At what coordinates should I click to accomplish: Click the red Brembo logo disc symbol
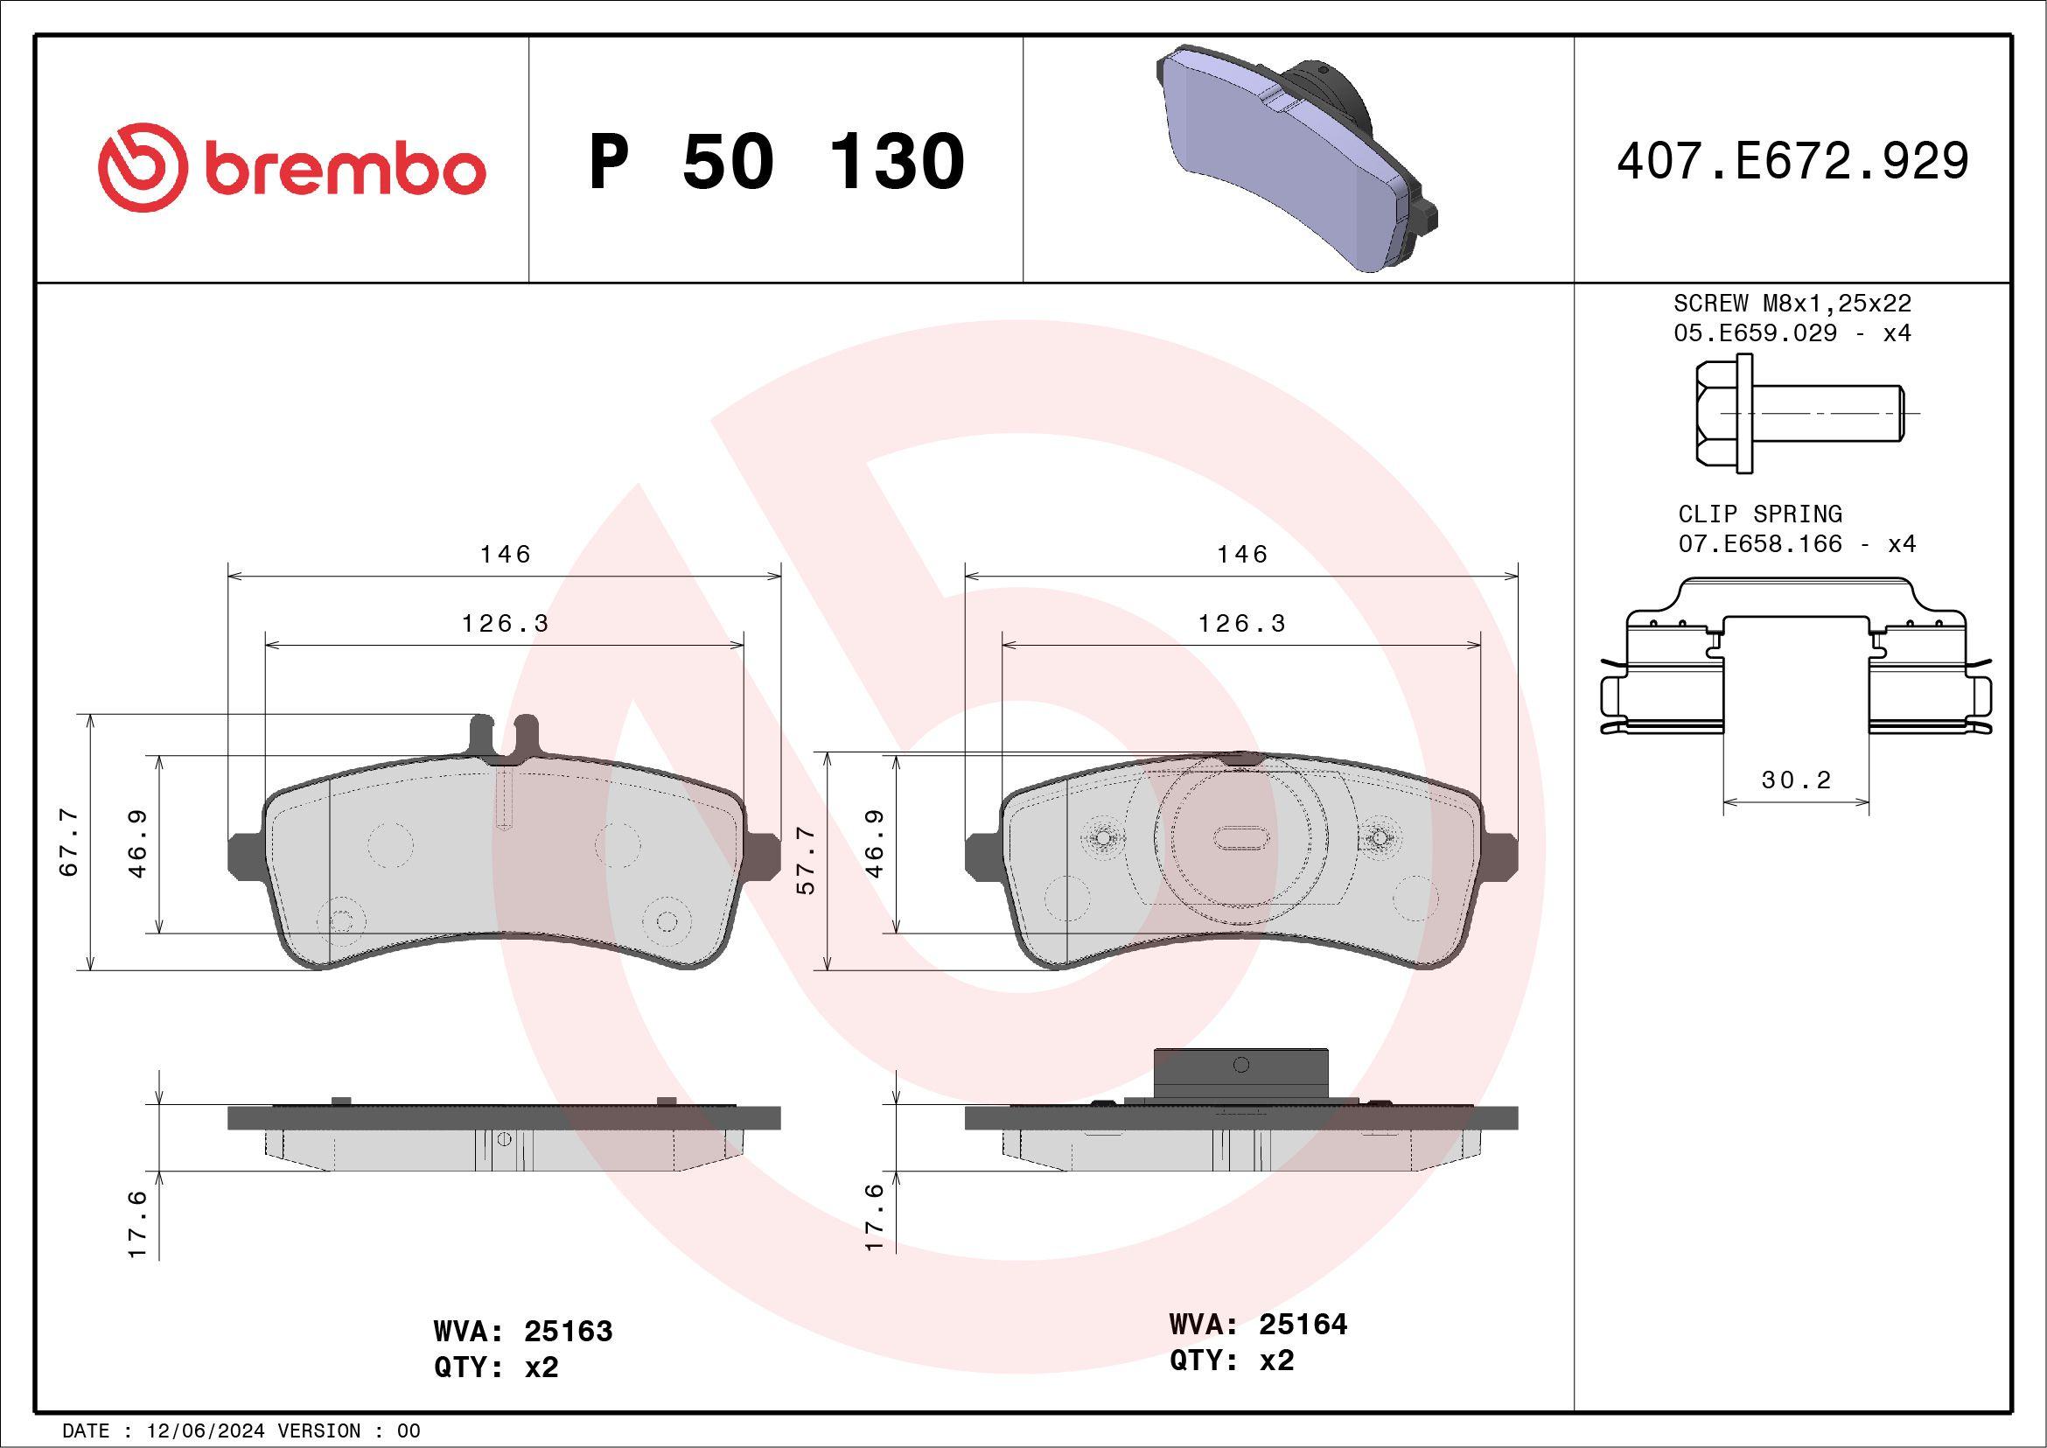tap(143, 168)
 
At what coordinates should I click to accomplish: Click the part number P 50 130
tap(777, 161)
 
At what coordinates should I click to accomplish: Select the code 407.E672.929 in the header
tap(1793, 161)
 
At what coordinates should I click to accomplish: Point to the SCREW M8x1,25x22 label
tap(1793, 303)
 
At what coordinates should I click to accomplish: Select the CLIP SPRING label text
tap(1760, 514)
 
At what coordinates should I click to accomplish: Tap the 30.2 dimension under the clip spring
tap(1796, 780)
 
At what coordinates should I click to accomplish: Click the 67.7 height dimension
tap(69, 843)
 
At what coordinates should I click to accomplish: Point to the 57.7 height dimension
tap(805, 859)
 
